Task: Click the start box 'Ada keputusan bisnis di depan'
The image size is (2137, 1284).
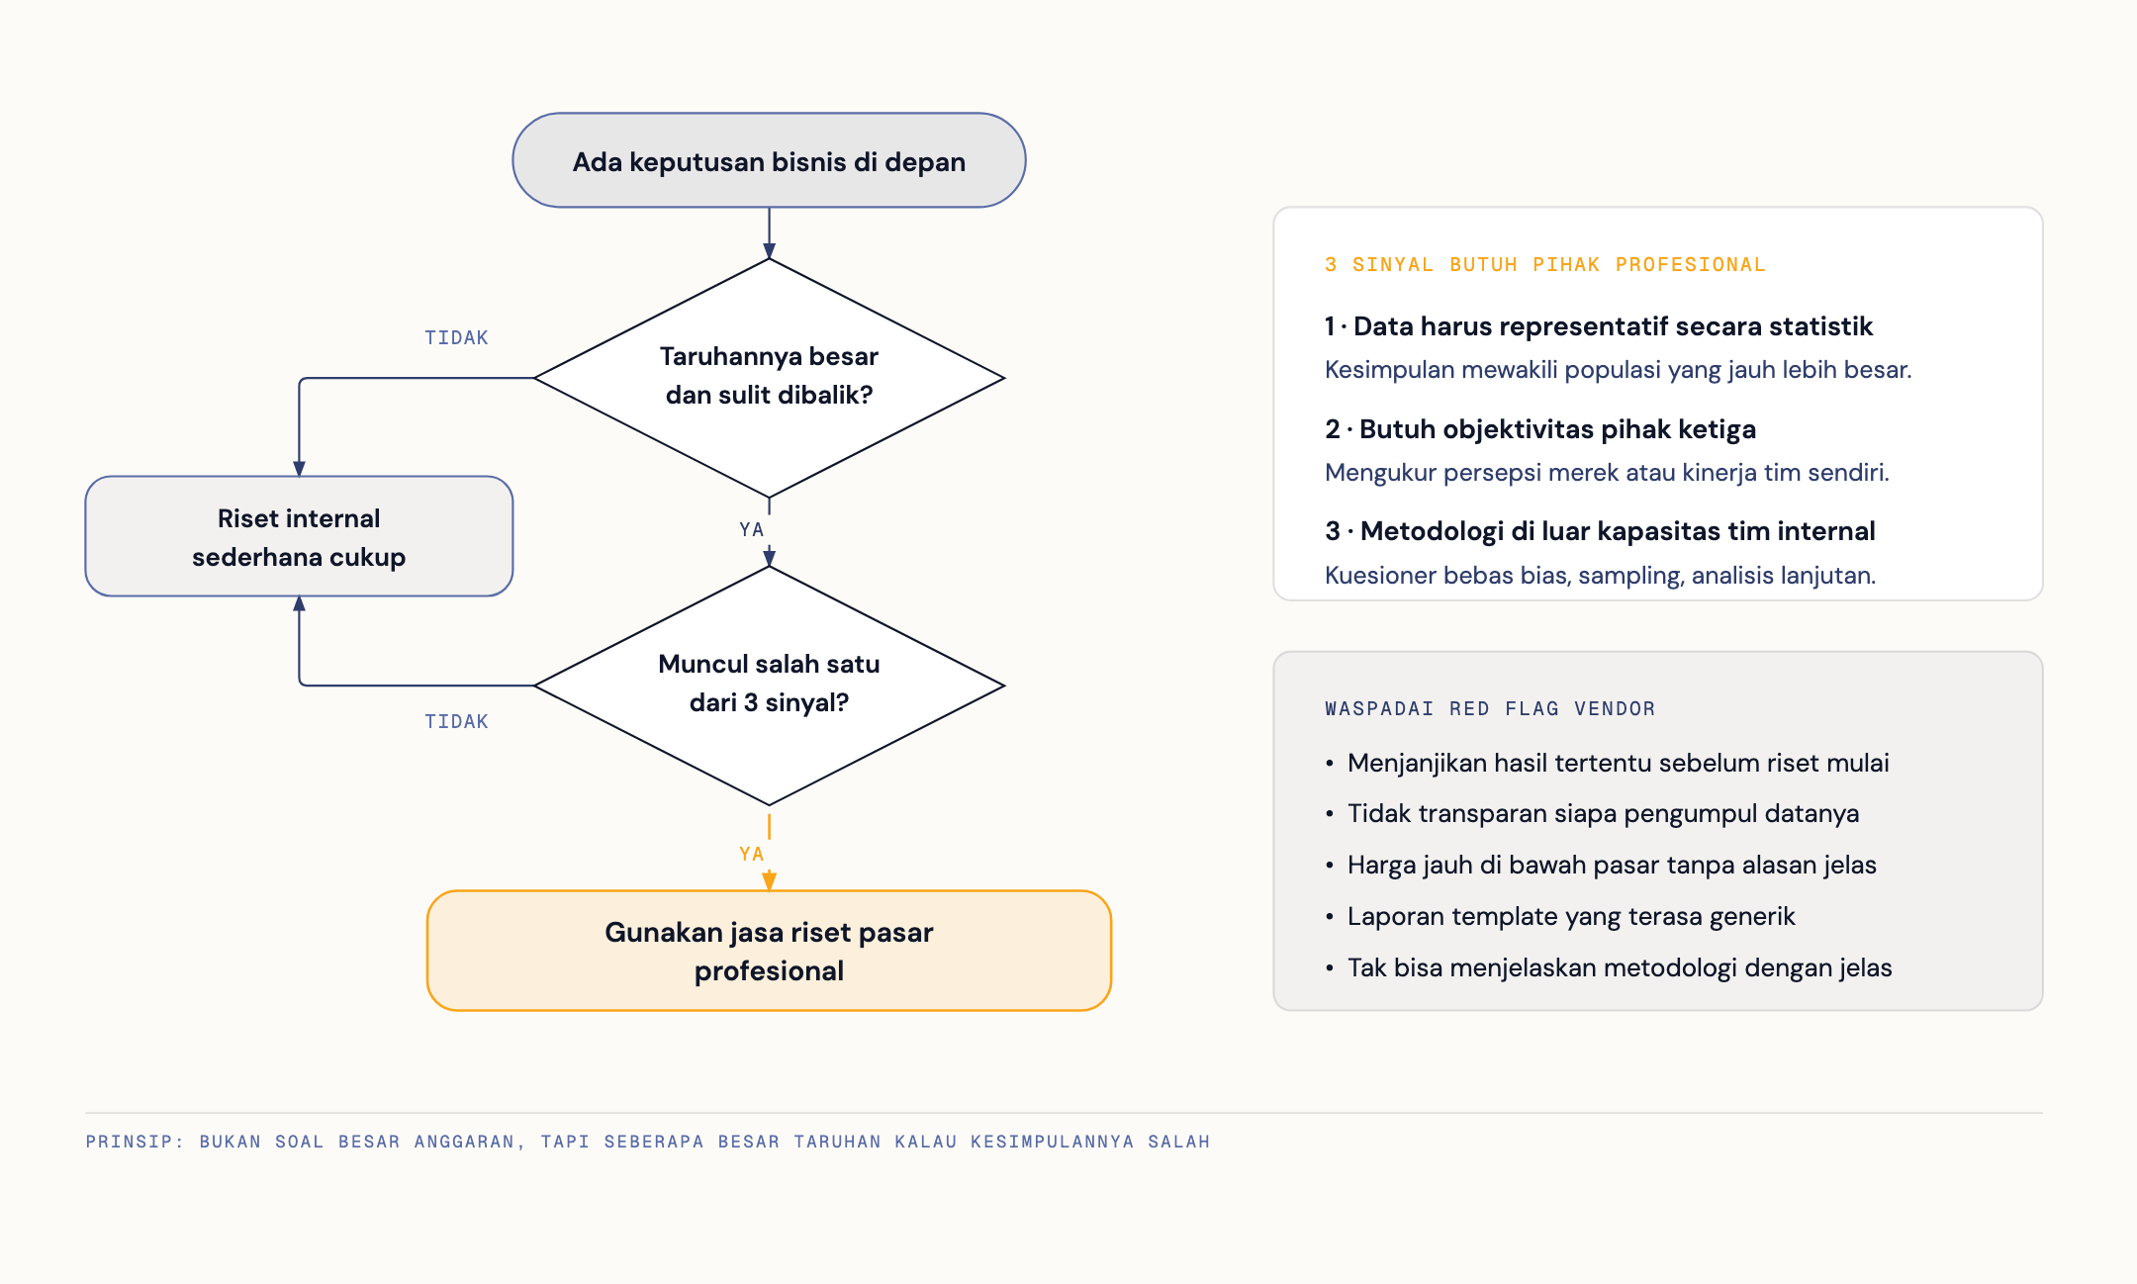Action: coord(769,160)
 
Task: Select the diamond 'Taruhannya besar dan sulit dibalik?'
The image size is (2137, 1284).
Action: coord(769,378)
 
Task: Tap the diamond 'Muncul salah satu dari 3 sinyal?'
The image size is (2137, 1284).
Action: coord(769,685)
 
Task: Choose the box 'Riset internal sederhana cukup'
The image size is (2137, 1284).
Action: coord(299,536)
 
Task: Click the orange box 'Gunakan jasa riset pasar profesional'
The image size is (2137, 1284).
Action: coord(769,951)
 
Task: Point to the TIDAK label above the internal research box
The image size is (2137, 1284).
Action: coord(456,337)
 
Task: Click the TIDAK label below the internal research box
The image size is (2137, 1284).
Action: coord(456,721)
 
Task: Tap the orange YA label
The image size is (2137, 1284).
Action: coord(752,854)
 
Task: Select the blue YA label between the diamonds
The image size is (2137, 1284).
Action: coord(752,529)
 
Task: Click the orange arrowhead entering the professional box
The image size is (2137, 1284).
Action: coord(769,881)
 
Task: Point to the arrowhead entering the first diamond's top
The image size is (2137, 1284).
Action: coord(769,250)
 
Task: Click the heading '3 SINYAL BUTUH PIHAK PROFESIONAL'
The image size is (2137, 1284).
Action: coord(1545,264)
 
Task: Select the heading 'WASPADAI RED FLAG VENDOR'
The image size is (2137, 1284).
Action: coord(1490,708)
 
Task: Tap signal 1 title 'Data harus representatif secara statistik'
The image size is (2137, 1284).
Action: coord(1614,325)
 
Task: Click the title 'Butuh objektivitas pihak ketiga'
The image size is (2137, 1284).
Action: coord(1557,428)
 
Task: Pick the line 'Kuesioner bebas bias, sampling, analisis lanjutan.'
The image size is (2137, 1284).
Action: coord(1600,575)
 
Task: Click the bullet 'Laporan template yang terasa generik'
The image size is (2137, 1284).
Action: coord(1571,916)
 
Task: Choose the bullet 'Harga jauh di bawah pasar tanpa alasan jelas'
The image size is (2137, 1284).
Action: coord(1612,865)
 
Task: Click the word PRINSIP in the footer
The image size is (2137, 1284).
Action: coord(130,1142)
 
